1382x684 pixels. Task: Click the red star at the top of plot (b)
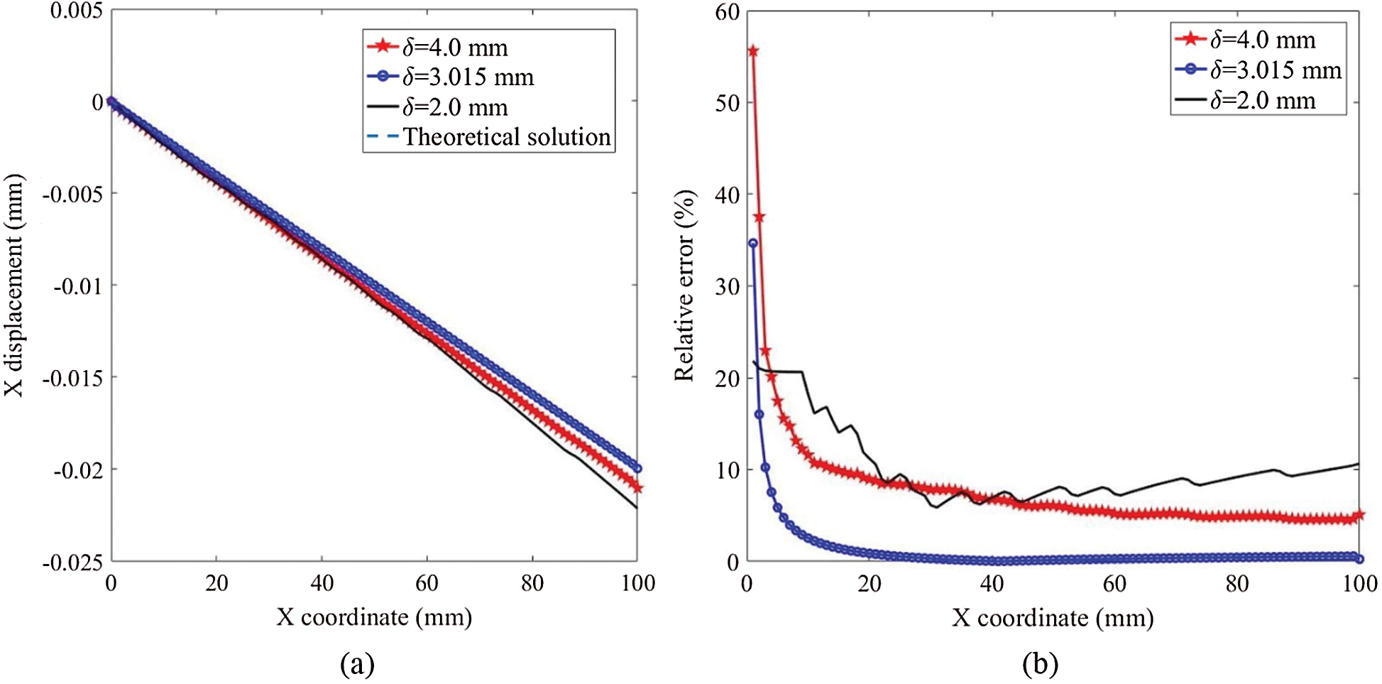[x=753, y=51]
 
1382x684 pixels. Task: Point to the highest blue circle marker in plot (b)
[x=753, y=243]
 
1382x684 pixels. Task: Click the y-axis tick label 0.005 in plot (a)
[x=76, y=11]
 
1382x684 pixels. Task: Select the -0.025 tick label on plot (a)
[x=72, y=563]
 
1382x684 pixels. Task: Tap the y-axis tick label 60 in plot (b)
[x=728, y=12]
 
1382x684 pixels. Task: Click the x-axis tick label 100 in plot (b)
[x=1359, y=584]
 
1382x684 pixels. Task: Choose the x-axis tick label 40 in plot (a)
[x=322, y=584]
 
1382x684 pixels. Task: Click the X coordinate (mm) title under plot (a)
[x=374, y=617]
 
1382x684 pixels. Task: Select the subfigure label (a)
[x=357, y=664]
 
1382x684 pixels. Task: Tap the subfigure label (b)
[x=1040, y=664]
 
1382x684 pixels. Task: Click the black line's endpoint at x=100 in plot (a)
[x=637, y=508]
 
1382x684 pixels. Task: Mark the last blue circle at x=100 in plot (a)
[x=637, y=469]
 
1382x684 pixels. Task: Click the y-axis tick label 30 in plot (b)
[x=728, y=286]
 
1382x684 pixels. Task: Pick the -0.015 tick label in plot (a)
[x=72, y=378]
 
